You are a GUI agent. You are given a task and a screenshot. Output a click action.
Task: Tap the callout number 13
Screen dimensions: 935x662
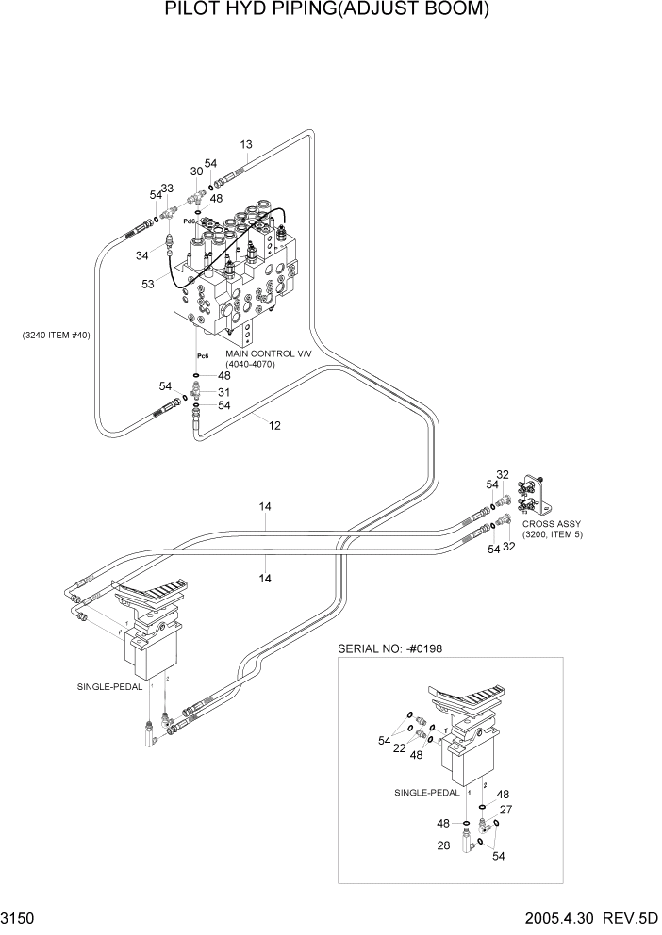pos(246,144)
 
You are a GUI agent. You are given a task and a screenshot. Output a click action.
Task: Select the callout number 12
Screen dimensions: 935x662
pos(274,425)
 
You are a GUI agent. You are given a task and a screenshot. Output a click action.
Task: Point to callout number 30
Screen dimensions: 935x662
pos(196,171)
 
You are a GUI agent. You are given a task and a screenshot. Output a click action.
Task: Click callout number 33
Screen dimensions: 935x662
pos(167,189)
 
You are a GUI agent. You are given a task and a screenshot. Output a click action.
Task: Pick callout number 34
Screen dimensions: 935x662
pos(142,255)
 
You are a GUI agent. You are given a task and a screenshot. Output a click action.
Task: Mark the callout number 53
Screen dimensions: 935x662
pos(147,284)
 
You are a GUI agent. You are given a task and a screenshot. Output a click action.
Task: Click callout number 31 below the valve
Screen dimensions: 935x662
pos(224,392)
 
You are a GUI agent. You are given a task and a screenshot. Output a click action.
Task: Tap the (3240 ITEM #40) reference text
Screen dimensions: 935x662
pos(55,336)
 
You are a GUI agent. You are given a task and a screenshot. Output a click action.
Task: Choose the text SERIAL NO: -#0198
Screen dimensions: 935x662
pos(389,649)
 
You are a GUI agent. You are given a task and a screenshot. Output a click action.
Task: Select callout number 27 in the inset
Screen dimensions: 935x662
pos(505,809)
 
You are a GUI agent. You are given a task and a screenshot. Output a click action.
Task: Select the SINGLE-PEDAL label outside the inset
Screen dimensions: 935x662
pos(109,687)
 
